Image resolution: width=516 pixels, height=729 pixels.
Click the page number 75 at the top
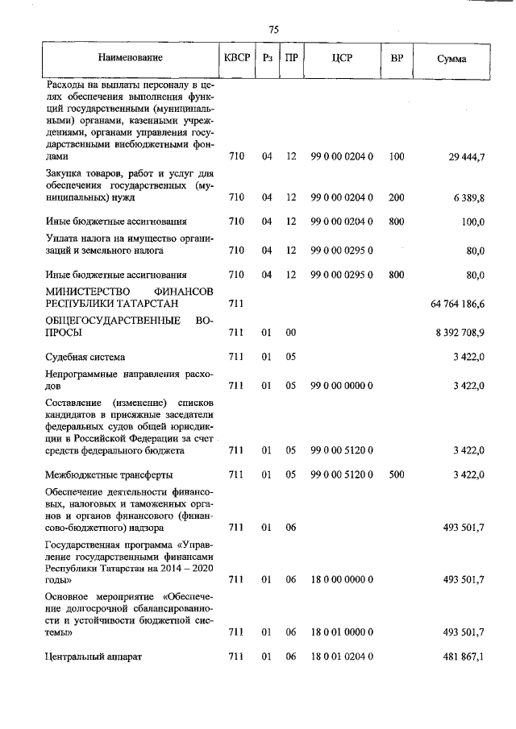tap(273, 29)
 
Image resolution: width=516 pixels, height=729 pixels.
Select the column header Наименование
tap(130, 58)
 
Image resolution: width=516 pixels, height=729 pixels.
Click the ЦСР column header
tap(341, 58)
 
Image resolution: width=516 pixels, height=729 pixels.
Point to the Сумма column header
tap(451, 59)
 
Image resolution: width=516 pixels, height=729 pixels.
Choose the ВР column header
tap(397, 58)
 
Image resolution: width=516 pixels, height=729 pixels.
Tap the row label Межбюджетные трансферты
tap(108, 474)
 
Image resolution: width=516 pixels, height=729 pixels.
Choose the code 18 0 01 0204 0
tap(341, 657)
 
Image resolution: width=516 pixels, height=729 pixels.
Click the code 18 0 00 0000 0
tap(341, 579)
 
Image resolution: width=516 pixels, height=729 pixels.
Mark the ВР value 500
tap(396, 474)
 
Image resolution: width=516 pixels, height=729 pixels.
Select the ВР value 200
tap(396, 197)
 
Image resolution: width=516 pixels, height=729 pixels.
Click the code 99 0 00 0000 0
tap(341, 386)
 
